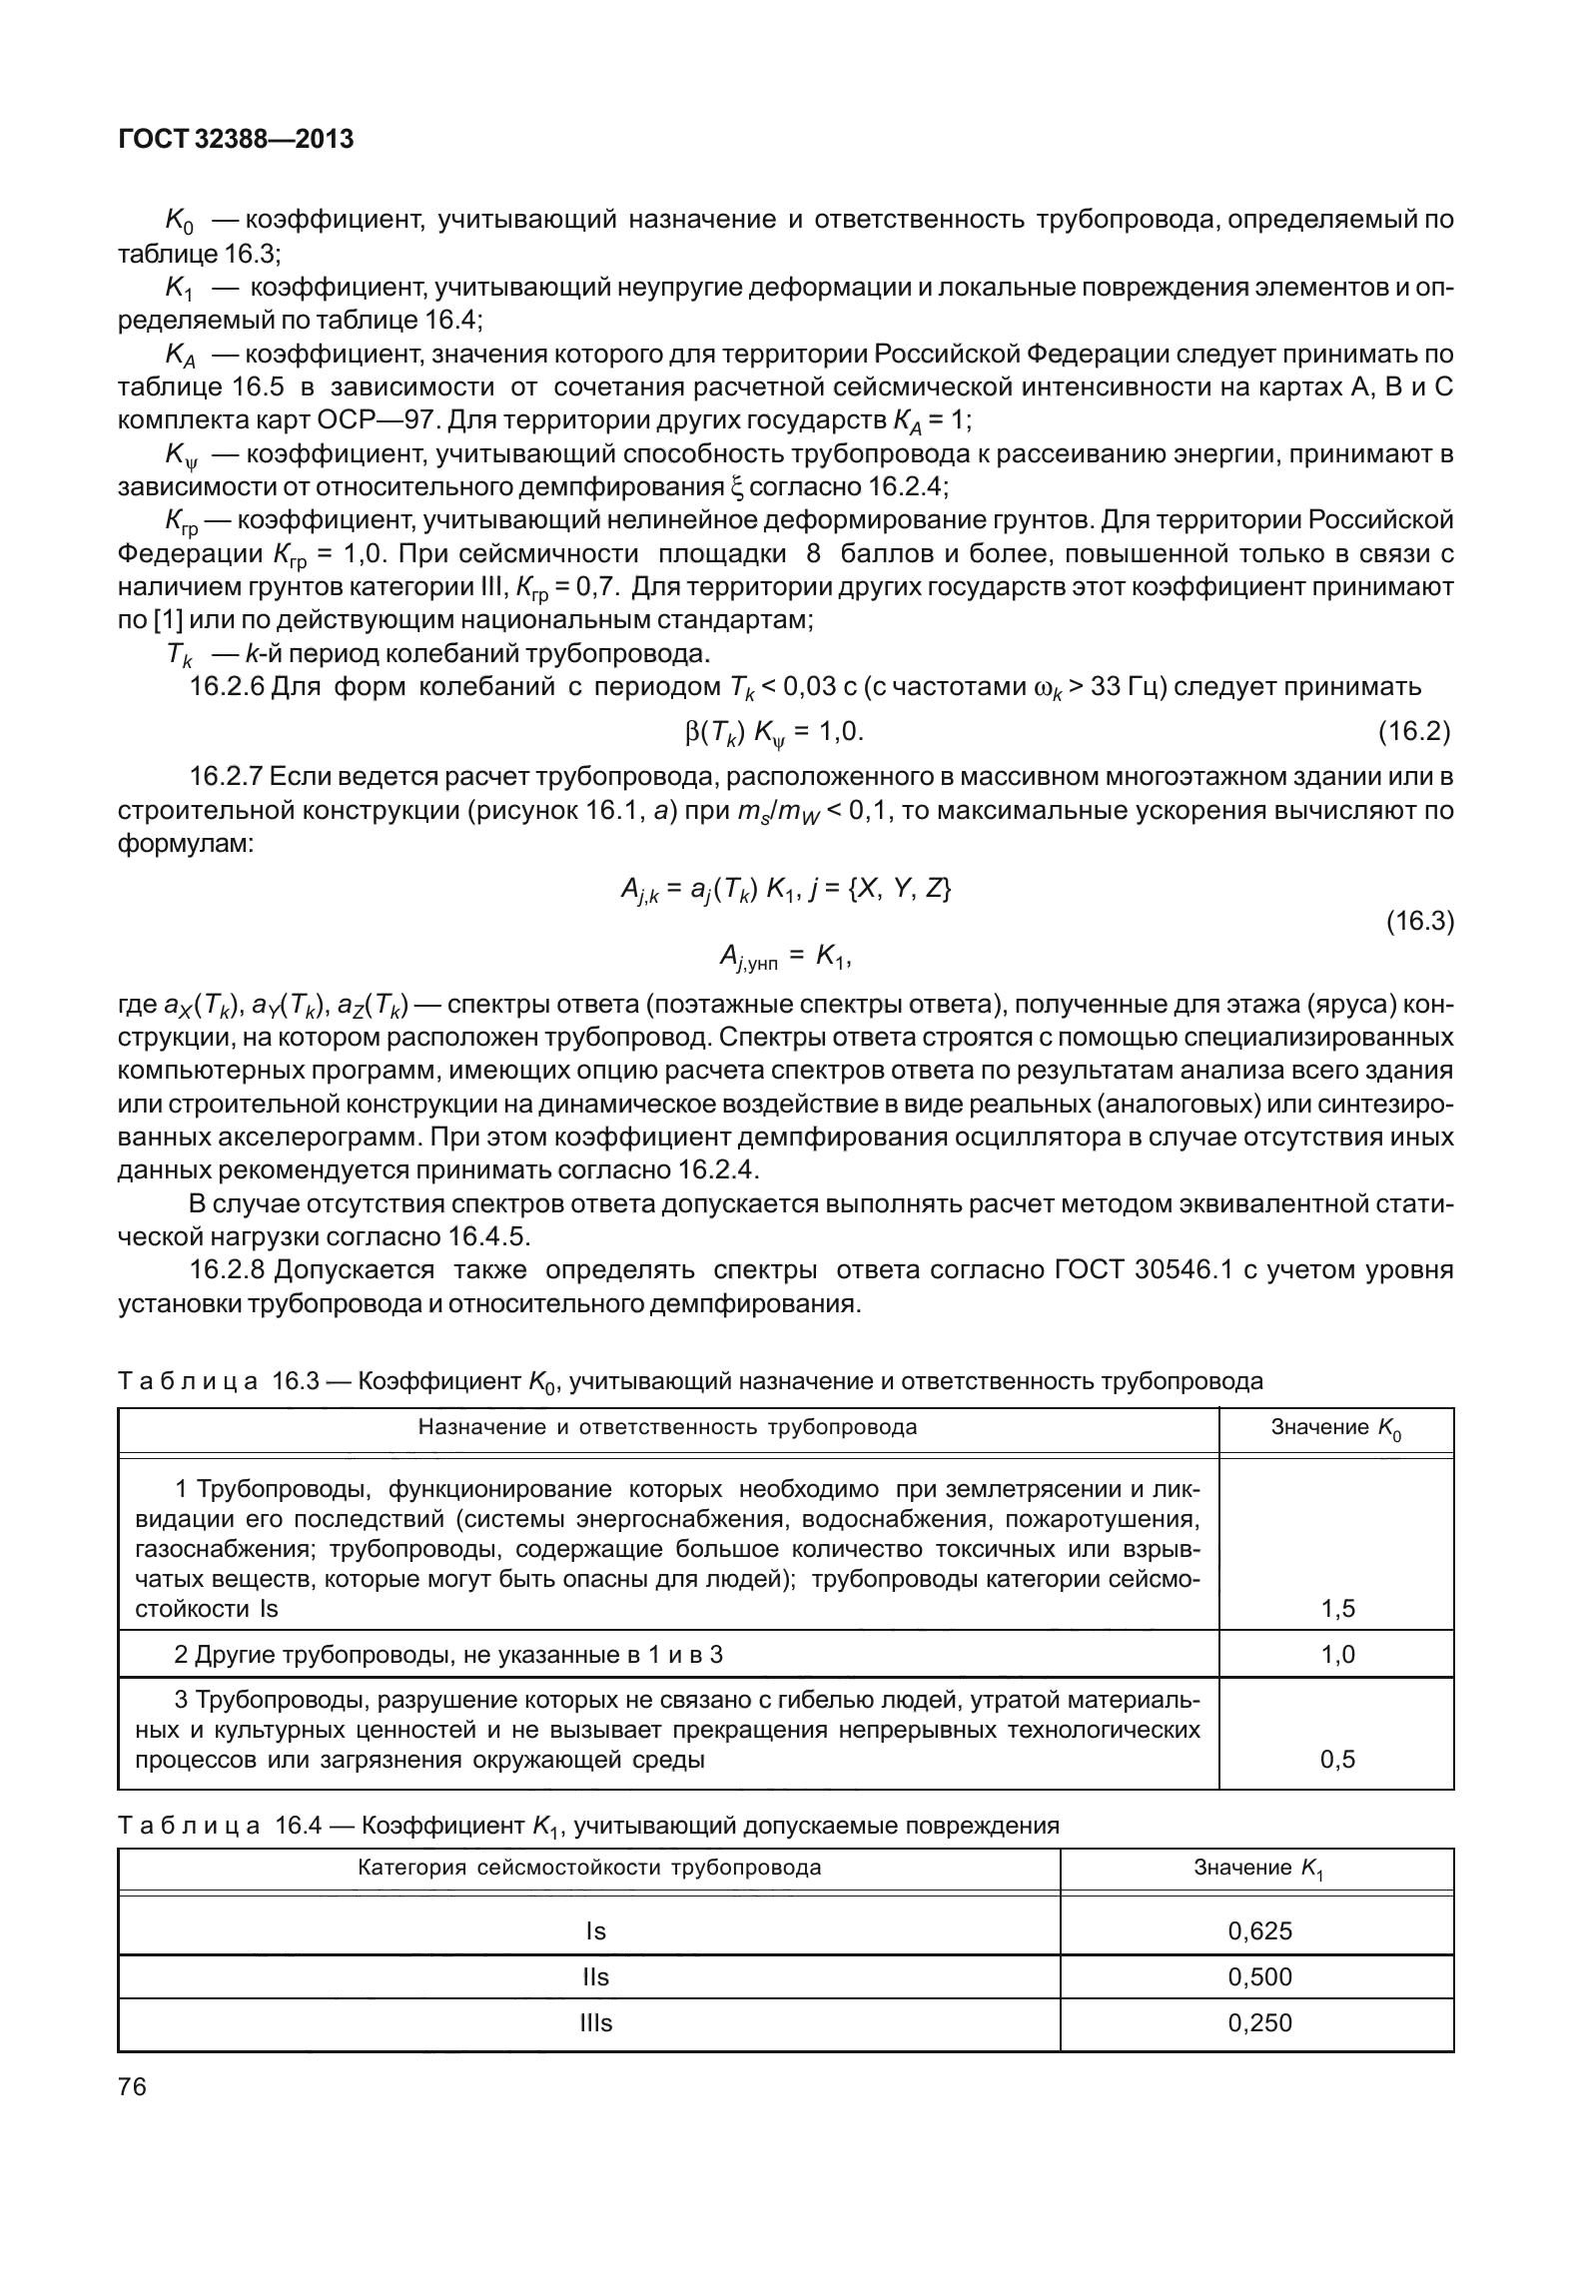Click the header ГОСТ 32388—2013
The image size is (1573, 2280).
coord(236,140)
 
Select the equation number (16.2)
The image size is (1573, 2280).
coord(1413,732)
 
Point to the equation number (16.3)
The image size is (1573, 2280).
coord(1418,921)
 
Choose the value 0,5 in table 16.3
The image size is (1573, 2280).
coord(1337,1759)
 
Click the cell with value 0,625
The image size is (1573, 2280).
coord(1259,1930)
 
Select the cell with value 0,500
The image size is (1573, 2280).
coord(1259,1976)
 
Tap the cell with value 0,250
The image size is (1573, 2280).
coord(1259,2022)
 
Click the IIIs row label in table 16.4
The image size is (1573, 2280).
coord(595,2022)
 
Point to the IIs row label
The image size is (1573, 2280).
coord(595,1976)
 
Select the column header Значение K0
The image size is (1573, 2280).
coord(1336,1428)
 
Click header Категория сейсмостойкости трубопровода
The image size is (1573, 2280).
coord(589,1868)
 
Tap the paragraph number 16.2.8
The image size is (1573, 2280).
coord(227,1270)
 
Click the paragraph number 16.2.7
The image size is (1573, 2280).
coord(227,776)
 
